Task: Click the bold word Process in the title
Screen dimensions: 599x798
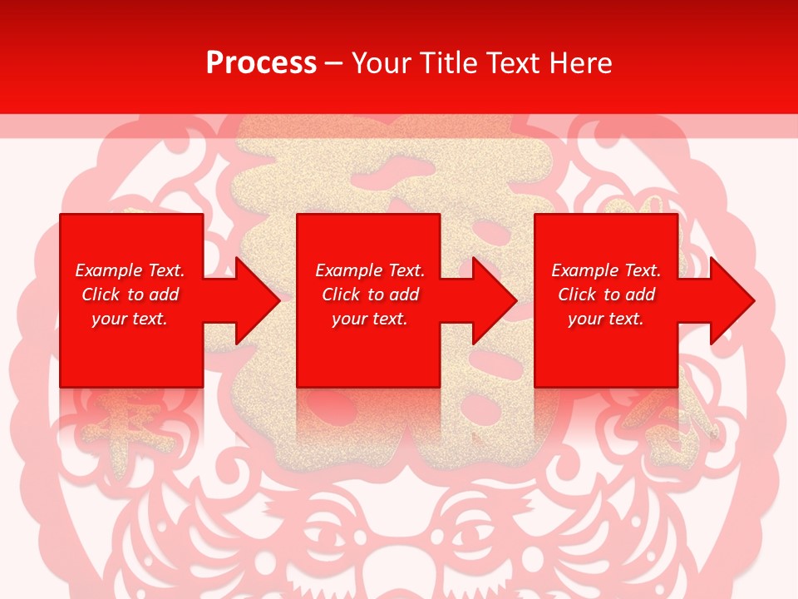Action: [x=261, y=63]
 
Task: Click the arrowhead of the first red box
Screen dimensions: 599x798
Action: [x=254, y=300]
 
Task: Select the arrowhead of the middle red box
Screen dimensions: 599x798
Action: [x=491, y=300]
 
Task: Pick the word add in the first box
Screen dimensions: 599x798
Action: [x=164, y=295]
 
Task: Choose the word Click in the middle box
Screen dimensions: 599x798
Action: [x=342, y=295]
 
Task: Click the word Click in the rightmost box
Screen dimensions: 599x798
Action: [x=578, y=295]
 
